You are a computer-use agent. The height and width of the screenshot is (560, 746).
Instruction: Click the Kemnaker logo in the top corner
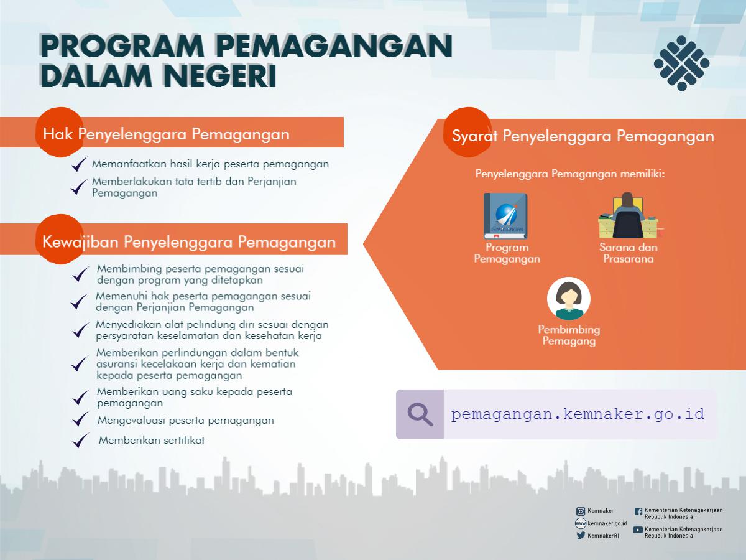click(x=681, y=63)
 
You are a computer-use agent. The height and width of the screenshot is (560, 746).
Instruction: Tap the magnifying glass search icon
click(x=420, y=414)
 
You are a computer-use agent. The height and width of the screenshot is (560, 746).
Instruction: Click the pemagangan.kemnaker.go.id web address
click(x=578, y=414)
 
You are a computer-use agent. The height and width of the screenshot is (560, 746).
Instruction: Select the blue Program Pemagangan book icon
click(x=505, y=216)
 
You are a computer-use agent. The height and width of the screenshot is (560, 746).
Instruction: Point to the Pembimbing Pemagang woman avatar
click(x=569, y=299)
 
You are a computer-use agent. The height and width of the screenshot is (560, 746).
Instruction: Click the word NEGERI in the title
click(x=219, y=75)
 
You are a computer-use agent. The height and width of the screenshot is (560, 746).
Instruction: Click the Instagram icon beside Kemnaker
click(x=581, y=511)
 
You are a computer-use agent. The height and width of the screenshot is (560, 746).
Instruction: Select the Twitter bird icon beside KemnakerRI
click(x=581, y=536)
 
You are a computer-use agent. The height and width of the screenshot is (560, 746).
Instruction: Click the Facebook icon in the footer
click(x=638, y=511)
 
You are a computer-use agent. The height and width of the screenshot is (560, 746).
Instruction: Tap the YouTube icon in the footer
click(x=638, y=530)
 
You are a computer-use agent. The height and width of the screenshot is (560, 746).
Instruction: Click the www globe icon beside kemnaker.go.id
click(x=581, y=523)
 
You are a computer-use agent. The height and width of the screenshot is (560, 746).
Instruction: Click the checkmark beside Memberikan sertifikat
click(x=81, y=441)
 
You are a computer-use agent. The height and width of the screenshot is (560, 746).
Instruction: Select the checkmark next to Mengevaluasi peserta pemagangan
click(x=81, y=419)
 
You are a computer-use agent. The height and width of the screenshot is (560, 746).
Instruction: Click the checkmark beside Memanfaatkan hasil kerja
click(x=80, y=164)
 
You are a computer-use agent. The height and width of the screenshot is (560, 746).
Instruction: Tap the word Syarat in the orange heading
click(x=474, y=136)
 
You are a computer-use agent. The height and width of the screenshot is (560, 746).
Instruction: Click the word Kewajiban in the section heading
click(x=80, y=242)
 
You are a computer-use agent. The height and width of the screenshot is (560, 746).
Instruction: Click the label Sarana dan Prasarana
click(x=629, y=253)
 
